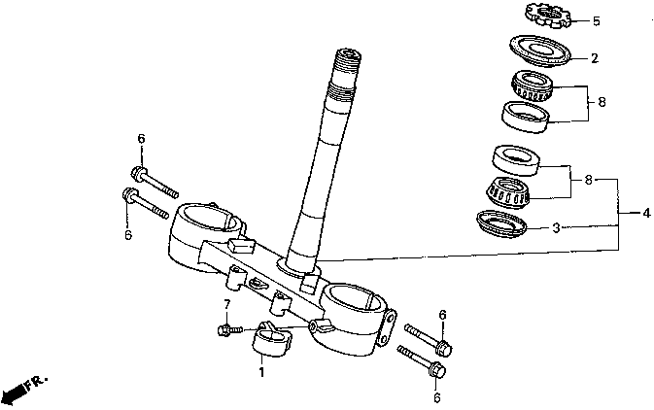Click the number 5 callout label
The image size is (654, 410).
pos(597,21)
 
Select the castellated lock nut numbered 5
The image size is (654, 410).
pos(548,15)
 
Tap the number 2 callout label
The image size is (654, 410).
pos(595,57)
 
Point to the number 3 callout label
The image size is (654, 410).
pos(556,229)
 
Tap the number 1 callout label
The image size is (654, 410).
pos(261,371)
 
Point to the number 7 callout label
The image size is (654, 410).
pos(227,305)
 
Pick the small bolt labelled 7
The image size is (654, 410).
pos(228,330)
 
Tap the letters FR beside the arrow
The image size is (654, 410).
pos(37,378)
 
